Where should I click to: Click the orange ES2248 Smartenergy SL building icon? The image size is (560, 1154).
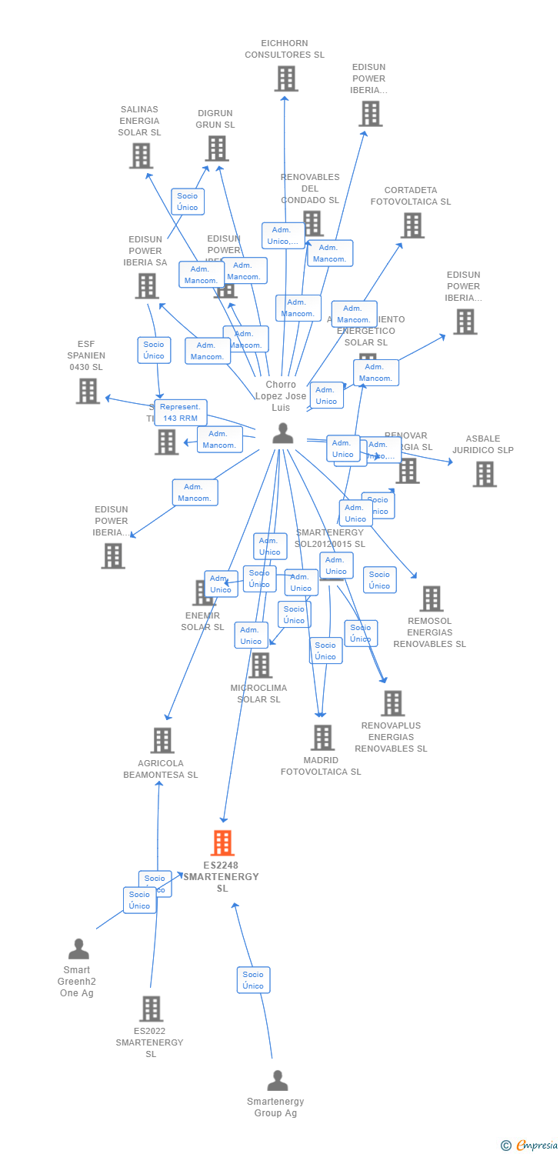[x=222, y=843]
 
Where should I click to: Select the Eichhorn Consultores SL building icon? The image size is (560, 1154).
[x=285, y=78]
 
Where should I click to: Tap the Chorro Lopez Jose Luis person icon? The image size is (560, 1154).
[x=283, y=434]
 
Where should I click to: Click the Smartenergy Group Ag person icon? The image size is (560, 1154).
[x=277, y=1080]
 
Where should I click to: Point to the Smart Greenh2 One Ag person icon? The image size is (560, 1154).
[x=78, y=949]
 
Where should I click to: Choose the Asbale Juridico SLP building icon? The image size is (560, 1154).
[x=484, y=474]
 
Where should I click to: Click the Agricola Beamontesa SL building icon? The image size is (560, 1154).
[x=162, y=740]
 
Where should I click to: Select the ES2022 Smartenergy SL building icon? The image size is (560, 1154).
[x=151, y=1009]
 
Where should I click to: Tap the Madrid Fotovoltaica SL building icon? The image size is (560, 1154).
[x=322, y=737]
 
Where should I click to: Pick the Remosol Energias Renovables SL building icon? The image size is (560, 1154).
[x=431, y=598]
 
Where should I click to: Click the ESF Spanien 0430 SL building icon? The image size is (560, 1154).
[x=88, y=391]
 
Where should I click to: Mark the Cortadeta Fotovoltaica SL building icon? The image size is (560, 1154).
[x=412, y=225]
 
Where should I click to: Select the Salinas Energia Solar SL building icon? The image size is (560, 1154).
[x=141, y=156]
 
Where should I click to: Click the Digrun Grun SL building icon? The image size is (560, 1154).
[x=217, y=148]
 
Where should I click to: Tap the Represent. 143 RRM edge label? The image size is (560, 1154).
[x=181, y=412]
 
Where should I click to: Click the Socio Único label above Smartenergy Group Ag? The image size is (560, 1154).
[x=253, y=980]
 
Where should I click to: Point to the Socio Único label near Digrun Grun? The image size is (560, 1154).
[x=188, y=202]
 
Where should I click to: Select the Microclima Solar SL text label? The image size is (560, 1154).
[x=259, y=693]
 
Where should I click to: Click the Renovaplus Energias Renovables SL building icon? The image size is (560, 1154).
[x=392, y=702]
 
